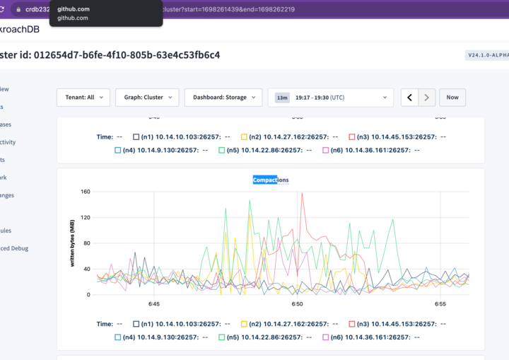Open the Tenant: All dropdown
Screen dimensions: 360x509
(x=83, y=98)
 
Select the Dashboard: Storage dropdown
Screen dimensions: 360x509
(x=221, y=98)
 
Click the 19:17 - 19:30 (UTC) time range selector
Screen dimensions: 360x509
(x=330, y=98)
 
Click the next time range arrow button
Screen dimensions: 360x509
(x=427, y=98)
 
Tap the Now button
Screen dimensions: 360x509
(x=452, y=98)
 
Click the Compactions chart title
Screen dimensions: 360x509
(x=271, y=180)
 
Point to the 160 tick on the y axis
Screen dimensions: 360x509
(x=86, y=192)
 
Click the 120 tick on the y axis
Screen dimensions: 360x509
(x=86, y=217)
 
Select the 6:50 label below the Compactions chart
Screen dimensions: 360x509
(x=297, y=304)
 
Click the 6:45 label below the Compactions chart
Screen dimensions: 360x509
(x=154, y=304)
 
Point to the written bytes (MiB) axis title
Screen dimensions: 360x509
(x=72, y=243)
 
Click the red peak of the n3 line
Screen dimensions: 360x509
(x=303, y=194)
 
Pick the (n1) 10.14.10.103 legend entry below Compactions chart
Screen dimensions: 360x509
(x=181, y=323)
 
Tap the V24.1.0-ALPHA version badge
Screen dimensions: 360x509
(x=486, y=55)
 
